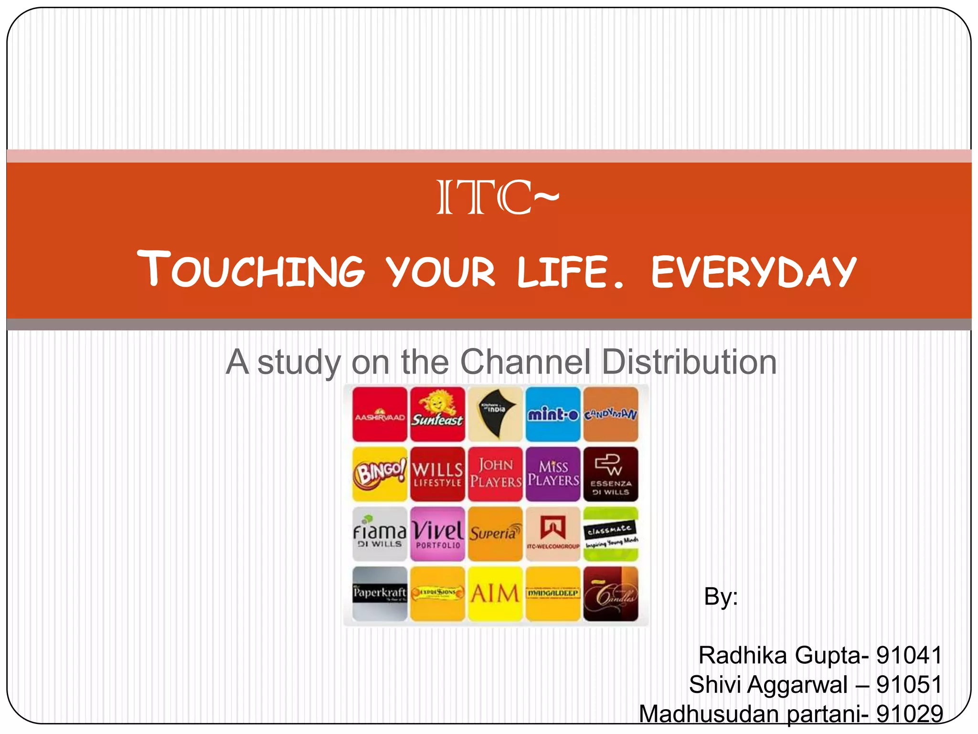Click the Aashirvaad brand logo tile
380,414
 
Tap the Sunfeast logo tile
437,414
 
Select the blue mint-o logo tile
553,414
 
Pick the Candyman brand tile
611,414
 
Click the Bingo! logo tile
380,474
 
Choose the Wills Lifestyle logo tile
437,474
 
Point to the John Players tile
495,474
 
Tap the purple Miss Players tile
553,474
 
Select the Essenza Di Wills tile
611,474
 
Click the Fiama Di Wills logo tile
380,534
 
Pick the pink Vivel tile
437,534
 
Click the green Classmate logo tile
611,534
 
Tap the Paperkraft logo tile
380,594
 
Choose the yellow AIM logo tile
495,594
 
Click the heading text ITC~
497,197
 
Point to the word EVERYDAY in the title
754,272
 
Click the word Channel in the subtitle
525,362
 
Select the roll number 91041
909,655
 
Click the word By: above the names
721,596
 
